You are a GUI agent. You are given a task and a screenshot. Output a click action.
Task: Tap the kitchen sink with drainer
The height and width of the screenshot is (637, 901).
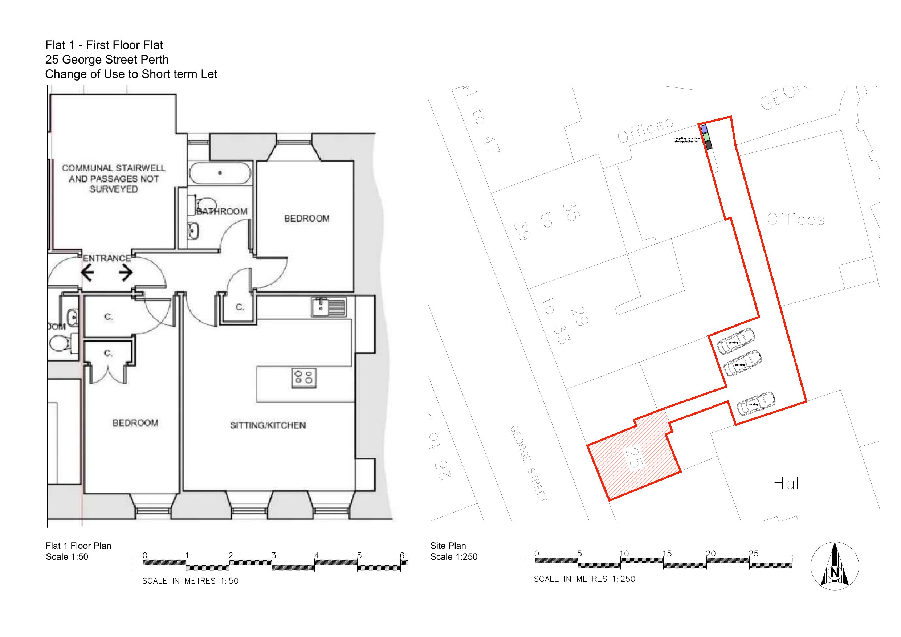(329, 307)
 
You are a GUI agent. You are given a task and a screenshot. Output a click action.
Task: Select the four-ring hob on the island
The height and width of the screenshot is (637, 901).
(304, 377)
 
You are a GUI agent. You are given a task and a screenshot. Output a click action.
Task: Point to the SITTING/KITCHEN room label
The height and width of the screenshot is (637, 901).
(268, 425)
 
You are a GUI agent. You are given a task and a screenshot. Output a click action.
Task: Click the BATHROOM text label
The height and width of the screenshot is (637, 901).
(222, 212)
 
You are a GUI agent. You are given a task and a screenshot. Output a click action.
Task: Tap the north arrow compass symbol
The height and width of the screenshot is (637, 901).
(834, 566)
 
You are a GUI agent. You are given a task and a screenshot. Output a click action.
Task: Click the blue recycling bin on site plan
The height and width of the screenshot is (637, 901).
(704, 129)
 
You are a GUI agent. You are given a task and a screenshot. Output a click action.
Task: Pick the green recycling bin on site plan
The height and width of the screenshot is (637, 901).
(706, 137)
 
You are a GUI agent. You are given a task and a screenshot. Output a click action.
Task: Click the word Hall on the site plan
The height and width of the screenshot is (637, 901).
(788, 483)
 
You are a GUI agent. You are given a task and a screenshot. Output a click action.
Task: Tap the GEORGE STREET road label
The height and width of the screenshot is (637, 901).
(528, 463)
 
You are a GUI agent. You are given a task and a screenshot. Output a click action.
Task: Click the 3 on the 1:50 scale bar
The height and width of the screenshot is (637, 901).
(273, 555)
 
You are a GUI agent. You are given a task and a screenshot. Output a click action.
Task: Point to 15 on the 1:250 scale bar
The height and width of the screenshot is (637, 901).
(667, 554)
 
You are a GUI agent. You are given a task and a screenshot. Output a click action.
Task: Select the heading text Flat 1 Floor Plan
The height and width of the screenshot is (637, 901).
(78, 546)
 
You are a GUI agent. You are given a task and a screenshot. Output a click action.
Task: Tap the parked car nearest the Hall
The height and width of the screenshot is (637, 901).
(755, 403)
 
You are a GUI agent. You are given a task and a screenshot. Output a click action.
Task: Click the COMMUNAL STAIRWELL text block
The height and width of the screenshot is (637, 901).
(113, 179)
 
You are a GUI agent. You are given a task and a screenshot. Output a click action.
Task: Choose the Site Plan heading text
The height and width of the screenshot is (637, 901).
(448, 546)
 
